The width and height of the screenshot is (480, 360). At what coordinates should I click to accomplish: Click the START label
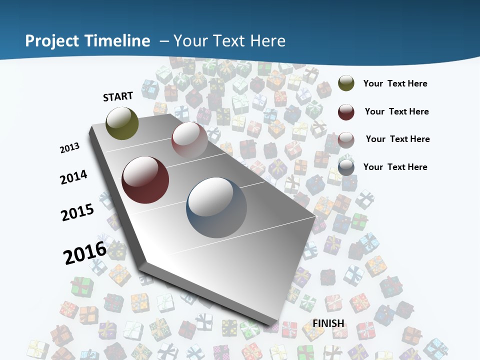tap(118, 96)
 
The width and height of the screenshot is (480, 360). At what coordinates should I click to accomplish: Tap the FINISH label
tap(328, 323)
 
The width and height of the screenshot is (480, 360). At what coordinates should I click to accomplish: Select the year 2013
tap(70, 148)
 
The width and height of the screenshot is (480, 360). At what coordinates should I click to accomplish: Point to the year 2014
tap(74, 177)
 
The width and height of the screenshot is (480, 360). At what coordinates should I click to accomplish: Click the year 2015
tap(77, 212)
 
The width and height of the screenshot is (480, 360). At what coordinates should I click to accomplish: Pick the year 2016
tap(85, 252)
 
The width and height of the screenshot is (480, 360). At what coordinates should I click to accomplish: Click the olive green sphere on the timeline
tap(122, 123)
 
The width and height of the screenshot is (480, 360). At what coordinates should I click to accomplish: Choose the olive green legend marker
tap(346, 83)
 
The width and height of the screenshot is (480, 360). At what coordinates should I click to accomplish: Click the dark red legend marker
tap(346, 111)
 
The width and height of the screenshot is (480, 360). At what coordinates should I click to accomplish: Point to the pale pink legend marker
tap(346, 139)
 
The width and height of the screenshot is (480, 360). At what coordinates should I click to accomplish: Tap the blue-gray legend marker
tap(346, 167)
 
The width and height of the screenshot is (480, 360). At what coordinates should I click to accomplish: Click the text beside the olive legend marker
tap(395, 83)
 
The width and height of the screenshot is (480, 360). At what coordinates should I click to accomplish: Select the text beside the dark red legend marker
tap(396, 111)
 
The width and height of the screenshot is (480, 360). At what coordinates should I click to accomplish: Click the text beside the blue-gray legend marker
tap(395, 167)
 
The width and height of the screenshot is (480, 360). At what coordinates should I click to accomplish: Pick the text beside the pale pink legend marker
tap(397, 139)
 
